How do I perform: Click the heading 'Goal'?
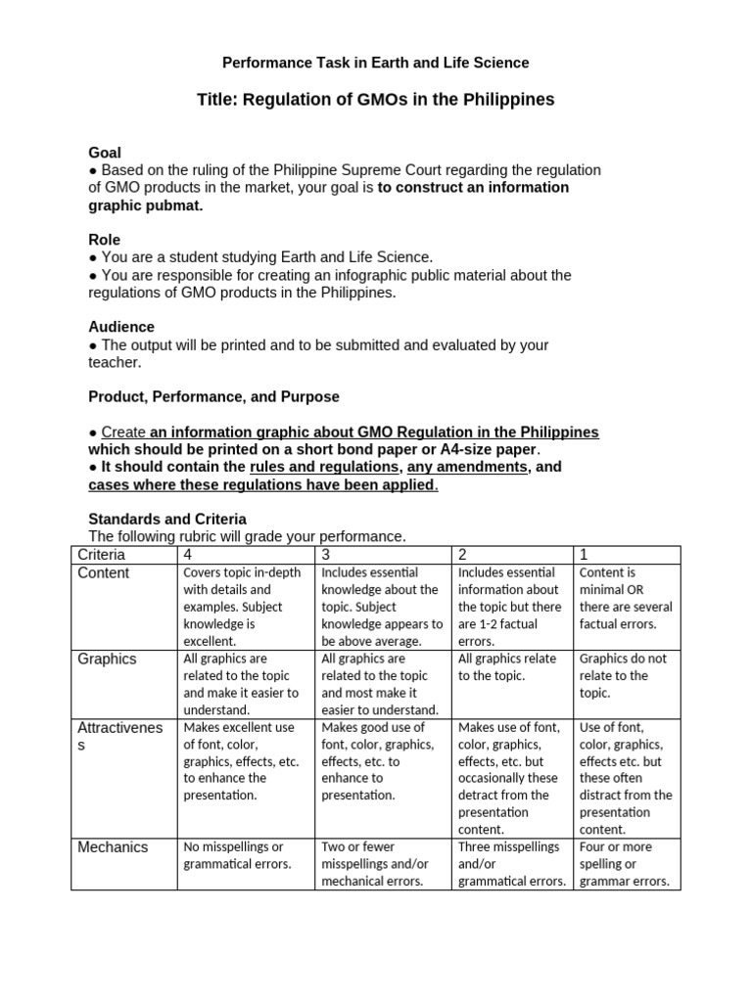pos(105,153)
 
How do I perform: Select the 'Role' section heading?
pos(105,240)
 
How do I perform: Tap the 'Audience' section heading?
pos(121,327)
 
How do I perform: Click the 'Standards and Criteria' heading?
pos(167,519)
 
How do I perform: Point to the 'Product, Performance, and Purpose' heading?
pos(213,396)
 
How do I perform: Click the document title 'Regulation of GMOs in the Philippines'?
pos(376,99)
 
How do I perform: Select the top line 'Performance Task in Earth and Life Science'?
pos(376,63)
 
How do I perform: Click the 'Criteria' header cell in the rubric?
pos(102,555)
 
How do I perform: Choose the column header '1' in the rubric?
pos(585,555)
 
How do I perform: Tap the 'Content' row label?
pos(104,573)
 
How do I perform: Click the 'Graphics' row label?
pos(107,660)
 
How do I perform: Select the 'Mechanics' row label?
pos(113,847)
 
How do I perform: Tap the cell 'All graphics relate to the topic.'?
pos(504,667)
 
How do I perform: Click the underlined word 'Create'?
pos(123,433)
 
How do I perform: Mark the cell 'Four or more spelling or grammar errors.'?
pos(625,864)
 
